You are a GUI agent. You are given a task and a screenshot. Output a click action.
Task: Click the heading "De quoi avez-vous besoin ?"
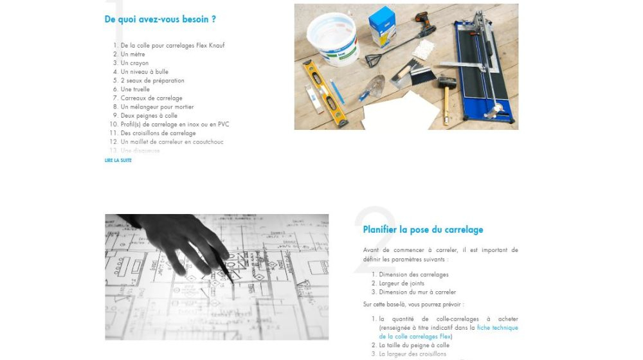[x=160, y=19]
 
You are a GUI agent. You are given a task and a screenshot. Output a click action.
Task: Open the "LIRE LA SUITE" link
[x=118, y=160]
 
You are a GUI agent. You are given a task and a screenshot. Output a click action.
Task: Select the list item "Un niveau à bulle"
[x=145, y=72]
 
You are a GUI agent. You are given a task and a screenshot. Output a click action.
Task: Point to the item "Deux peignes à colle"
[x=149, y=116]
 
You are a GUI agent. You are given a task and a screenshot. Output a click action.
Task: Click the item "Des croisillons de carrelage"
[x=158, y=133]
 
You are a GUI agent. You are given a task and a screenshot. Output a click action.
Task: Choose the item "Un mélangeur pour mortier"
[x=157, y=107]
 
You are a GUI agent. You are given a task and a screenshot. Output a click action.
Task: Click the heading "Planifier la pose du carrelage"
[x=422, y=230]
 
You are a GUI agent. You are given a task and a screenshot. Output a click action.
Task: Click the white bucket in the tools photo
[x=332, y=39]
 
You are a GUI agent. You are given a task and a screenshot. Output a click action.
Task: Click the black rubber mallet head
[x=446, y=84]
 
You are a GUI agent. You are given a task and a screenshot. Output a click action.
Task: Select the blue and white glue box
[x=382, y=26]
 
